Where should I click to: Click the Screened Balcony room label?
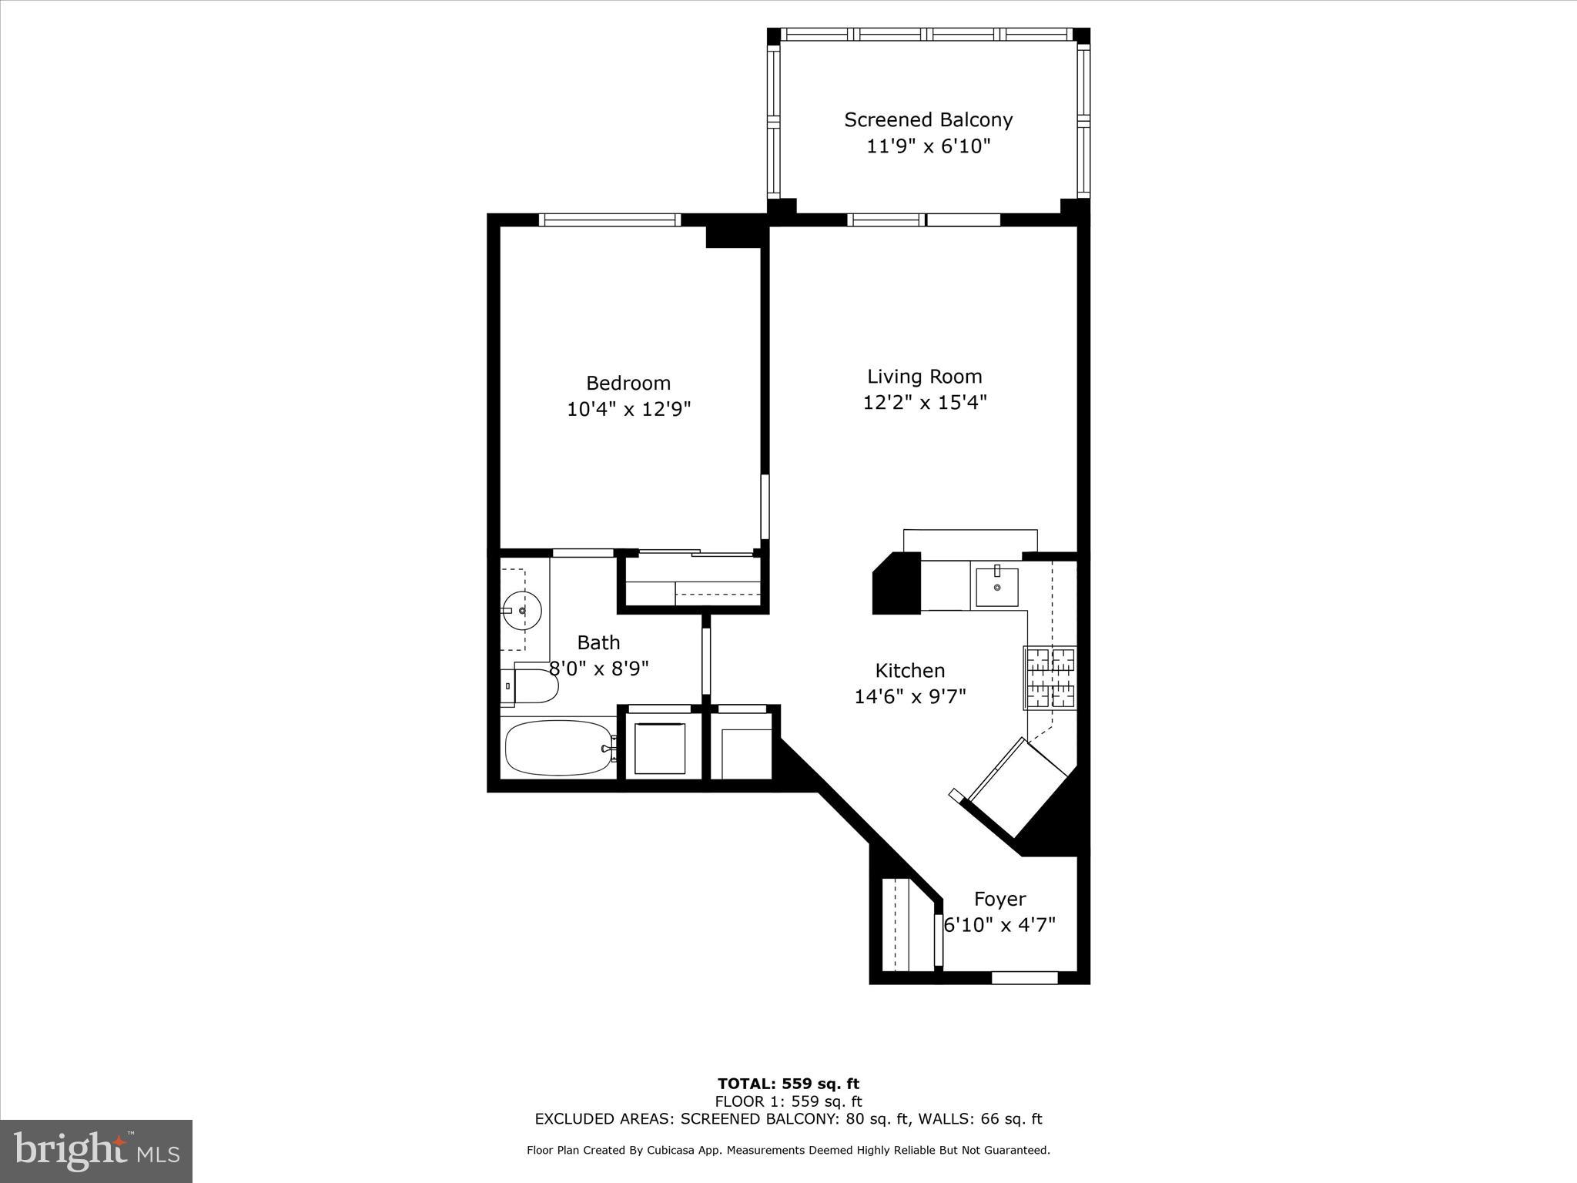928,120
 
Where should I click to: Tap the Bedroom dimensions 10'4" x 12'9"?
628,409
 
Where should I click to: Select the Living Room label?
924,377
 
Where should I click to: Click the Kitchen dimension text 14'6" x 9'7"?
909,696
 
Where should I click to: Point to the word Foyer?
999,899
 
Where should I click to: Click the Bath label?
598,642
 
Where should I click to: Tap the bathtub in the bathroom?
558,747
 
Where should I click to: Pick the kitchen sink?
996,588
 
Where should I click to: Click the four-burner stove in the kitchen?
1050,678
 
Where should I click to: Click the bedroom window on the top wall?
609,220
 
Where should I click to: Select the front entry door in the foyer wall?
1024,977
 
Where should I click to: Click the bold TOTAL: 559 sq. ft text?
788,1084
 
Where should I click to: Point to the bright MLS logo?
96,1151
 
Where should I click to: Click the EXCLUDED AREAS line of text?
788,1119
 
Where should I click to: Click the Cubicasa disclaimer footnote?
788,1150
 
